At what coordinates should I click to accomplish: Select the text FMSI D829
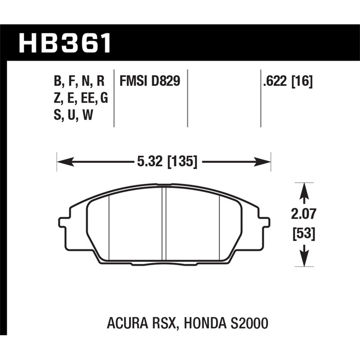click(x=150, y=81)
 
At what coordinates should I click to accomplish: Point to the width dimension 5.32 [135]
click(x=164, y=161)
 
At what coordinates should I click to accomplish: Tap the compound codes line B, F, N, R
click(x=79, y=81)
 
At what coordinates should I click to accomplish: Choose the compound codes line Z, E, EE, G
click(x=81, y=98)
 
